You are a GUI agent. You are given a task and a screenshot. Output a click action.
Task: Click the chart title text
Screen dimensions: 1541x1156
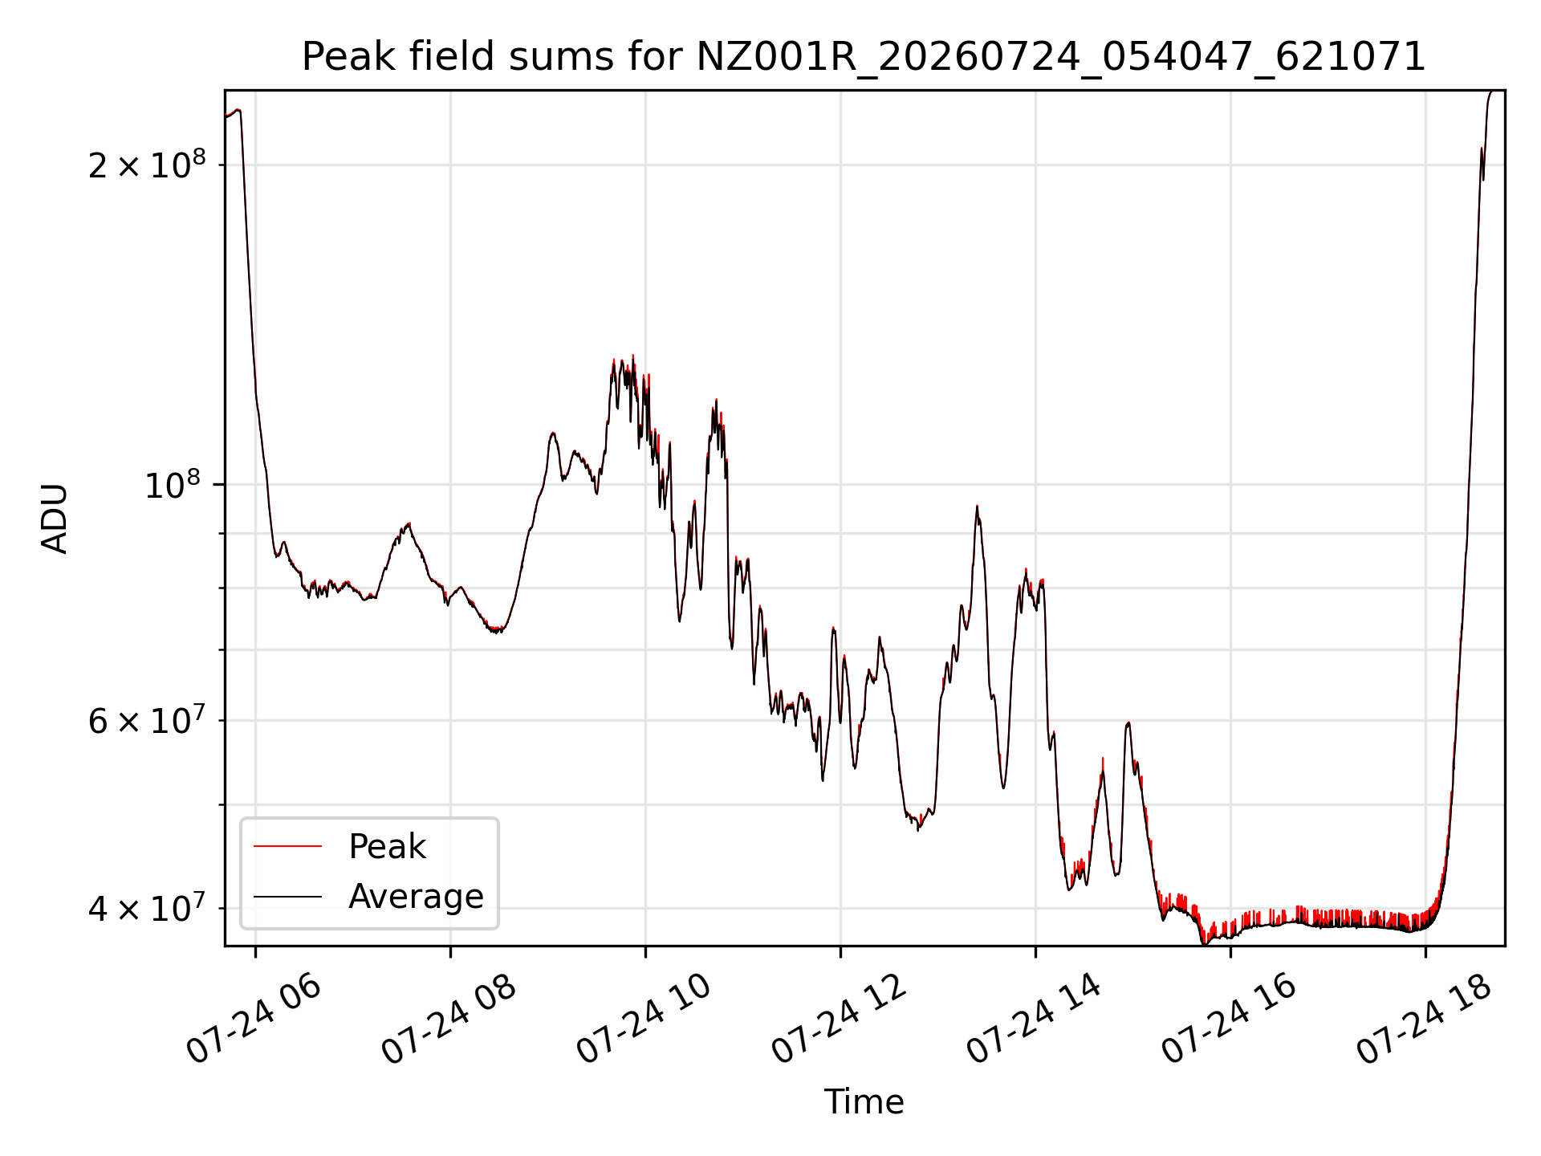point(864,57)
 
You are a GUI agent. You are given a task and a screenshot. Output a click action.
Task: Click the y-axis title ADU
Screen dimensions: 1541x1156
point(55,519)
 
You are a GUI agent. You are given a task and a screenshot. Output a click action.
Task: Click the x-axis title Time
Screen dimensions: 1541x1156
point(864,1102)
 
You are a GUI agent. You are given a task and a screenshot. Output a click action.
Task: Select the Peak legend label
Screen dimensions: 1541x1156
point(387,847)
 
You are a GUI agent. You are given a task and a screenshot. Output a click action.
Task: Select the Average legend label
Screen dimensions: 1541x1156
point(416,897)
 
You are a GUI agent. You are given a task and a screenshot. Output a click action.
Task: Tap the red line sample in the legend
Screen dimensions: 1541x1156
point(287,846)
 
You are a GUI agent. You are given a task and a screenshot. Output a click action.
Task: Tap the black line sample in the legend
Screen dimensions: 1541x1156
point(287,897)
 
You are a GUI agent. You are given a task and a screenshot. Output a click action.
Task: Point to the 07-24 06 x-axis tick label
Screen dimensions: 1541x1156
point(254,1019)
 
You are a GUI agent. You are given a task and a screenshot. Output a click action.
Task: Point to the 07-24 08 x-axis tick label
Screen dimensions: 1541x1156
point(449,1019)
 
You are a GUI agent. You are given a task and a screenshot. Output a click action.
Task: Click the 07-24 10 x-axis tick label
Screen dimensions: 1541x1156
point(644,1019)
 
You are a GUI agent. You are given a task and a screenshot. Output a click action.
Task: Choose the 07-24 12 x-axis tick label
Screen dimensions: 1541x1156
point(839,1019)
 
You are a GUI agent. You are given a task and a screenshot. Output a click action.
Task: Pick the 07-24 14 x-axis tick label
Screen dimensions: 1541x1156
point(1034,1019)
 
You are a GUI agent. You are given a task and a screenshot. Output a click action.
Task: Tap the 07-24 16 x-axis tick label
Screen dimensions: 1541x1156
point(1229,1019)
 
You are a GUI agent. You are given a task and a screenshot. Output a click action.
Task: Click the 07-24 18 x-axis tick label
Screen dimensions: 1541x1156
point(1424,1019)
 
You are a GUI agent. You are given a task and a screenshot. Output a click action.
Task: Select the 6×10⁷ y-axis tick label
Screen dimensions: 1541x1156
point(147,719)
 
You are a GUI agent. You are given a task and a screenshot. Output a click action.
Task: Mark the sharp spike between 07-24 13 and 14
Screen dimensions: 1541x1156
point(977,507)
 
